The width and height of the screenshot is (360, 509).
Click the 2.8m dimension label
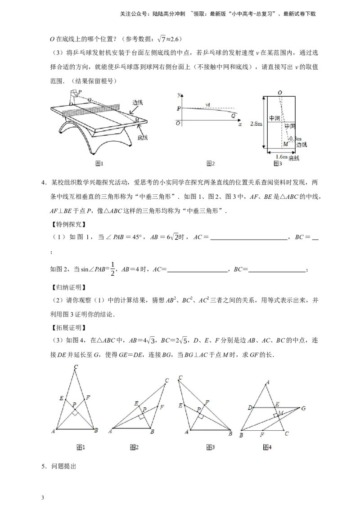(256, 124)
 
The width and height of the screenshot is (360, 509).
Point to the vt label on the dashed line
(208, 104)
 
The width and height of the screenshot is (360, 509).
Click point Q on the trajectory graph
(233, 116)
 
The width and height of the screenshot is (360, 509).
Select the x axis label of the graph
(240, 124)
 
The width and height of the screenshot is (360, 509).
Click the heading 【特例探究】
(67, 224)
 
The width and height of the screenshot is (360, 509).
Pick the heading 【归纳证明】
(67, 287)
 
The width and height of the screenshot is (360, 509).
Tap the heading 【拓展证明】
(67, 327)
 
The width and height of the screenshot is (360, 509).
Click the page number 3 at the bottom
(43, 498)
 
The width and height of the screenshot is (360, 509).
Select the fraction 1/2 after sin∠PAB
(112, 269)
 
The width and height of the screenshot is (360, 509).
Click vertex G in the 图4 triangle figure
(303, 408)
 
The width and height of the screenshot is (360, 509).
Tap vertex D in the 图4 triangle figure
(250, 408)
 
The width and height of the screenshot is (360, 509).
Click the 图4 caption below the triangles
(267, 447)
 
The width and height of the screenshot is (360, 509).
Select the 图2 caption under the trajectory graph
(211, 163)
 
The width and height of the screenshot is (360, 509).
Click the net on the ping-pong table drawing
(91, 110)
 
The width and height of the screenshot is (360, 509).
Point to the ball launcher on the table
(74, 96)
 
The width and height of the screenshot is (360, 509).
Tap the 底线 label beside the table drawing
(142, 137)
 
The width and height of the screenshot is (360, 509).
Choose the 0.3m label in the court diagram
(295, 138)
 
